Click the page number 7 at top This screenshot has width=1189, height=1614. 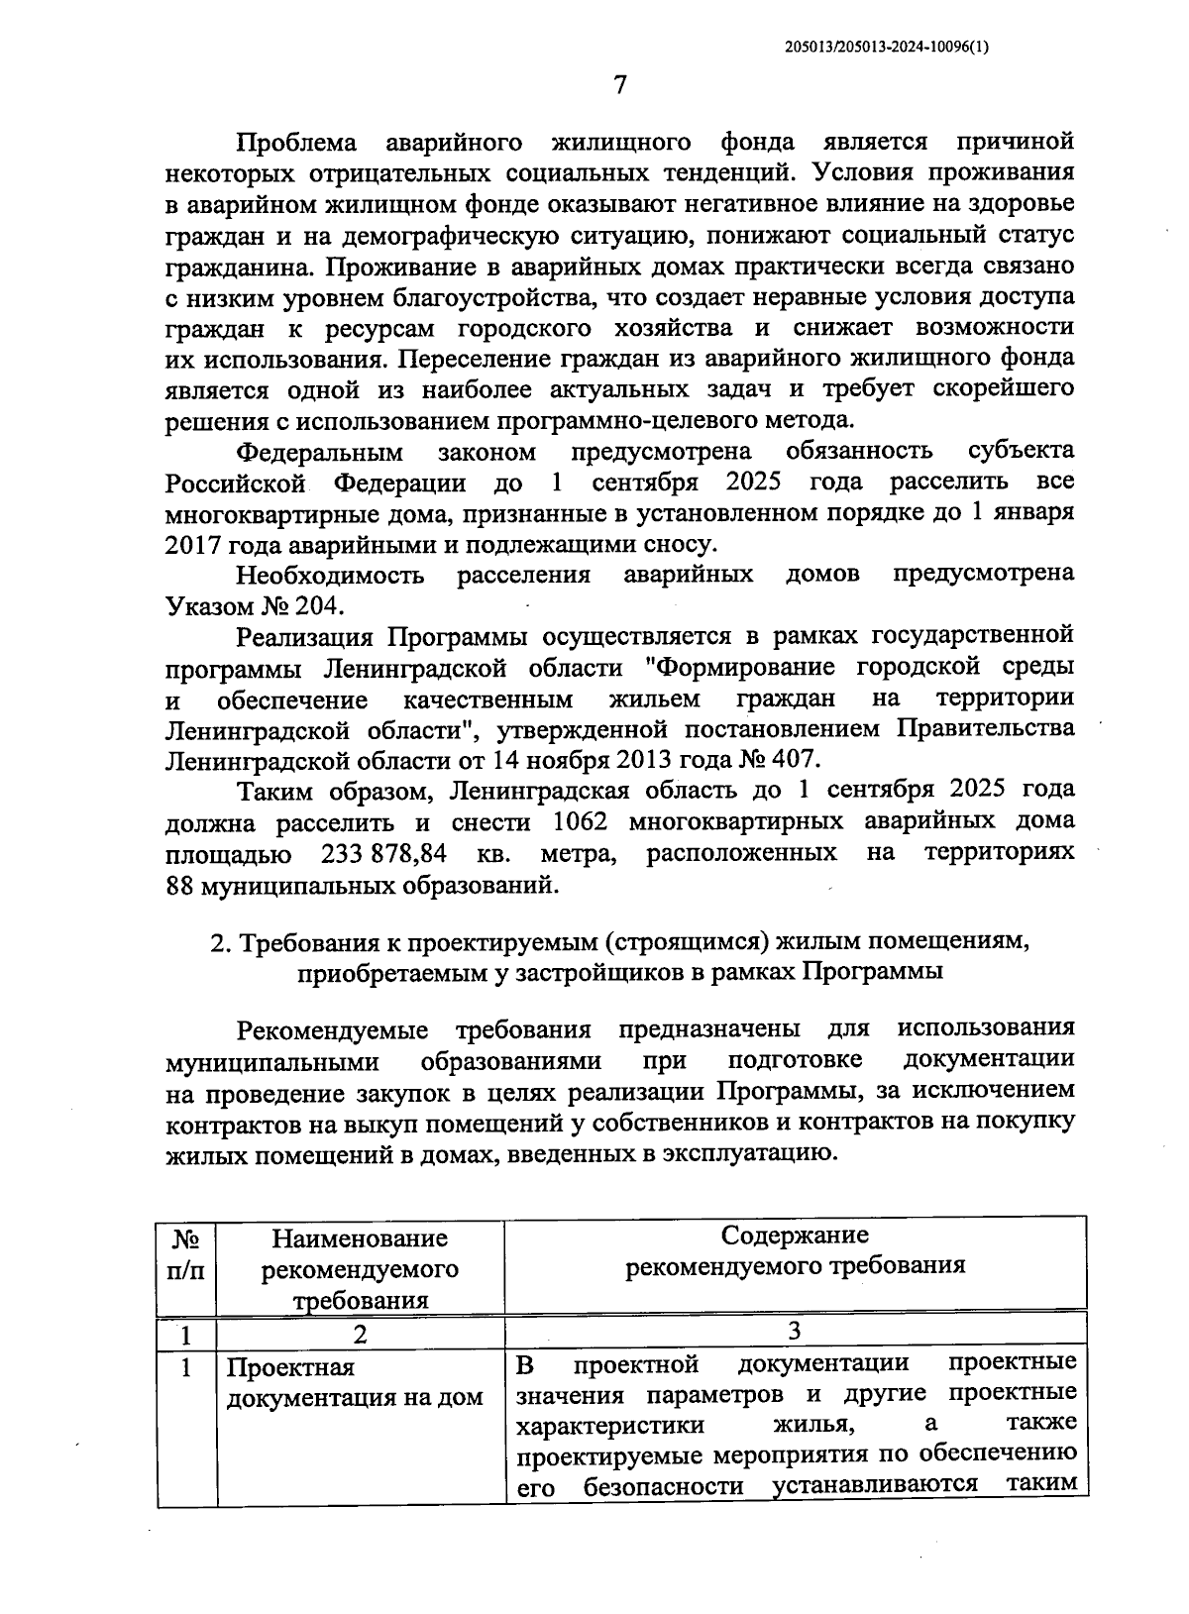click(x=619, y=85)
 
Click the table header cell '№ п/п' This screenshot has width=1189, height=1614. click(x=186, y=1253)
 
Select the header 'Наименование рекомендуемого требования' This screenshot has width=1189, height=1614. click(x=360, y=1268)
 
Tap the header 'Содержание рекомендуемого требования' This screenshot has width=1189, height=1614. click(x=795, y=1250)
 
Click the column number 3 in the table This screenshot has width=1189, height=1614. click(x=795, y=1330)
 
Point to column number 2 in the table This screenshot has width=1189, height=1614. click(x=360, y=1334)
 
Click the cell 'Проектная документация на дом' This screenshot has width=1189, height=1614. click(x=354, y=1382)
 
